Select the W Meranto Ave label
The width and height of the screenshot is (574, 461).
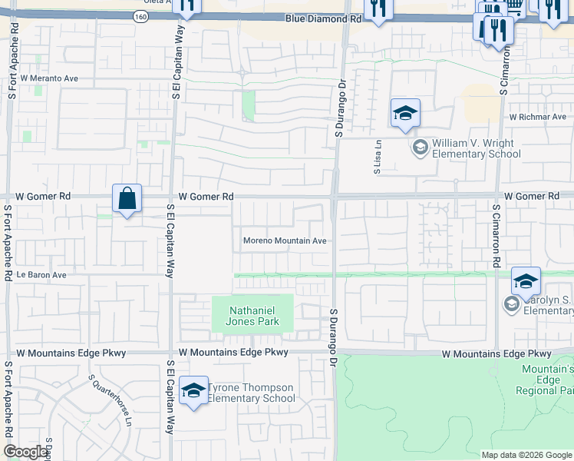coord(49,78)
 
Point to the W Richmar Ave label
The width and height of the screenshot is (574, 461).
coord(537,118)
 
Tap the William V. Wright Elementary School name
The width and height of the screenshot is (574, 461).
coord(476,148)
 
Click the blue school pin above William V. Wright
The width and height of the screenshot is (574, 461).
coord(405,114)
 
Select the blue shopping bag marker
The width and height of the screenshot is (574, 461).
coord(127,198)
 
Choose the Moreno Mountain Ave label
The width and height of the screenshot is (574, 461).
coord(285,240)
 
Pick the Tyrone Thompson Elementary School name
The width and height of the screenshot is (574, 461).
coord(251,393)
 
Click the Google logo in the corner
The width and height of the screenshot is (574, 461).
coord(25,452)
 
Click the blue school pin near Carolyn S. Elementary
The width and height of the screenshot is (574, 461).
coord(526,282)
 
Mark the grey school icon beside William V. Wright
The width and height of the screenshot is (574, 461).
coord(420,148)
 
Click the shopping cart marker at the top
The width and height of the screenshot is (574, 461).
coord(515,6)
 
